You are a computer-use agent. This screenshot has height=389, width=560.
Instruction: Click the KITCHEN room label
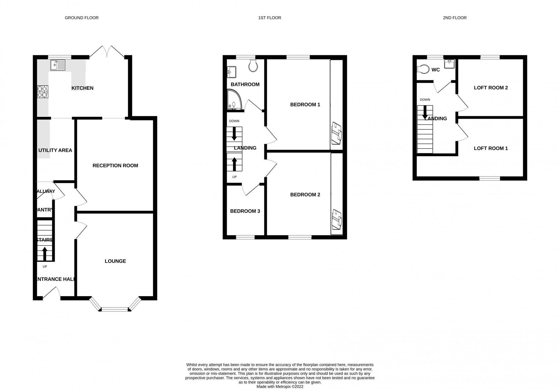point(82,88)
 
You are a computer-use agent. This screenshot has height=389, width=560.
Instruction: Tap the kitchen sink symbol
point(58,65)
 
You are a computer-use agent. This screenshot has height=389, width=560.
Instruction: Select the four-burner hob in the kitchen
point(43,92)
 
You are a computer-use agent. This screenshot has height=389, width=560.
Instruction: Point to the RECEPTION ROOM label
point(115,166)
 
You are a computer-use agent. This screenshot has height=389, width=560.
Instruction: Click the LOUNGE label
point(115,261)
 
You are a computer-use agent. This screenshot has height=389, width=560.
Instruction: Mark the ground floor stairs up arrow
point(45,253)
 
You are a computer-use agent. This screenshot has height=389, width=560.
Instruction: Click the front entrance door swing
point(52,294)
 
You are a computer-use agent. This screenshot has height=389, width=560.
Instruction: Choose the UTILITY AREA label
point(55,150)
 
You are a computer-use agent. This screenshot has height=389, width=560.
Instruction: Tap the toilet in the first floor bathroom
point(253,65)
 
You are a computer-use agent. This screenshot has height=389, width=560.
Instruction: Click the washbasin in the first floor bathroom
point(232,72)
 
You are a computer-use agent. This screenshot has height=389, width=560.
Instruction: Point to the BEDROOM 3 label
point(245,211)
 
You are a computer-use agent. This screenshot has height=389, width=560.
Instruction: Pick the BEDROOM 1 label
point(305,105)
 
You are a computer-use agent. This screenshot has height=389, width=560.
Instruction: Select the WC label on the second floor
point(436,70)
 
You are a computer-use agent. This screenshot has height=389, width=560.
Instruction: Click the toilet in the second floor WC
point(423,69)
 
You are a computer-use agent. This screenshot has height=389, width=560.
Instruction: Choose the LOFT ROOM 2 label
point(491,88)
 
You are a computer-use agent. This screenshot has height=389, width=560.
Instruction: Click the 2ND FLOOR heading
point(455,18)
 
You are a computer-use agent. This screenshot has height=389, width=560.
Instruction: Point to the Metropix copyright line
point(280,386)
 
